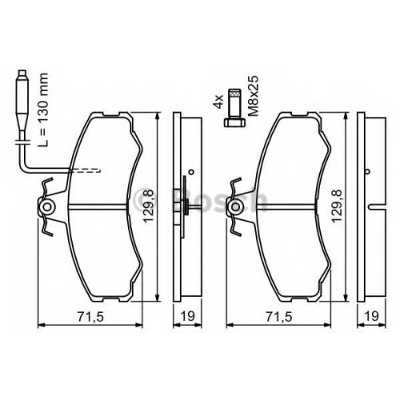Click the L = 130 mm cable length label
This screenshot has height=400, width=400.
[x=43, y=110]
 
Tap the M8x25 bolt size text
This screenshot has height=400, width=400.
[x=253, y=95]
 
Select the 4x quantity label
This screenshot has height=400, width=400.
[x=219, y=102]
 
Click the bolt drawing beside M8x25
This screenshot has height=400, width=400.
[x=234, y=107]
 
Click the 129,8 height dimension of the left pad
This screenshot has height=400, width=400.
[x=149, y=206]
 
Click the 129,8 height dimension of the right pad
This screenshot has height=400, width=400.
[x=336, y=206]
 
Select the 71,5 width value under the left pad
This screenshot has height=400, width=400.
[x=90, y=317]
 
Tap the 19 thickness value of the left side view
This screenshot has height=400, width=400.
[x=188, y=316]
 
